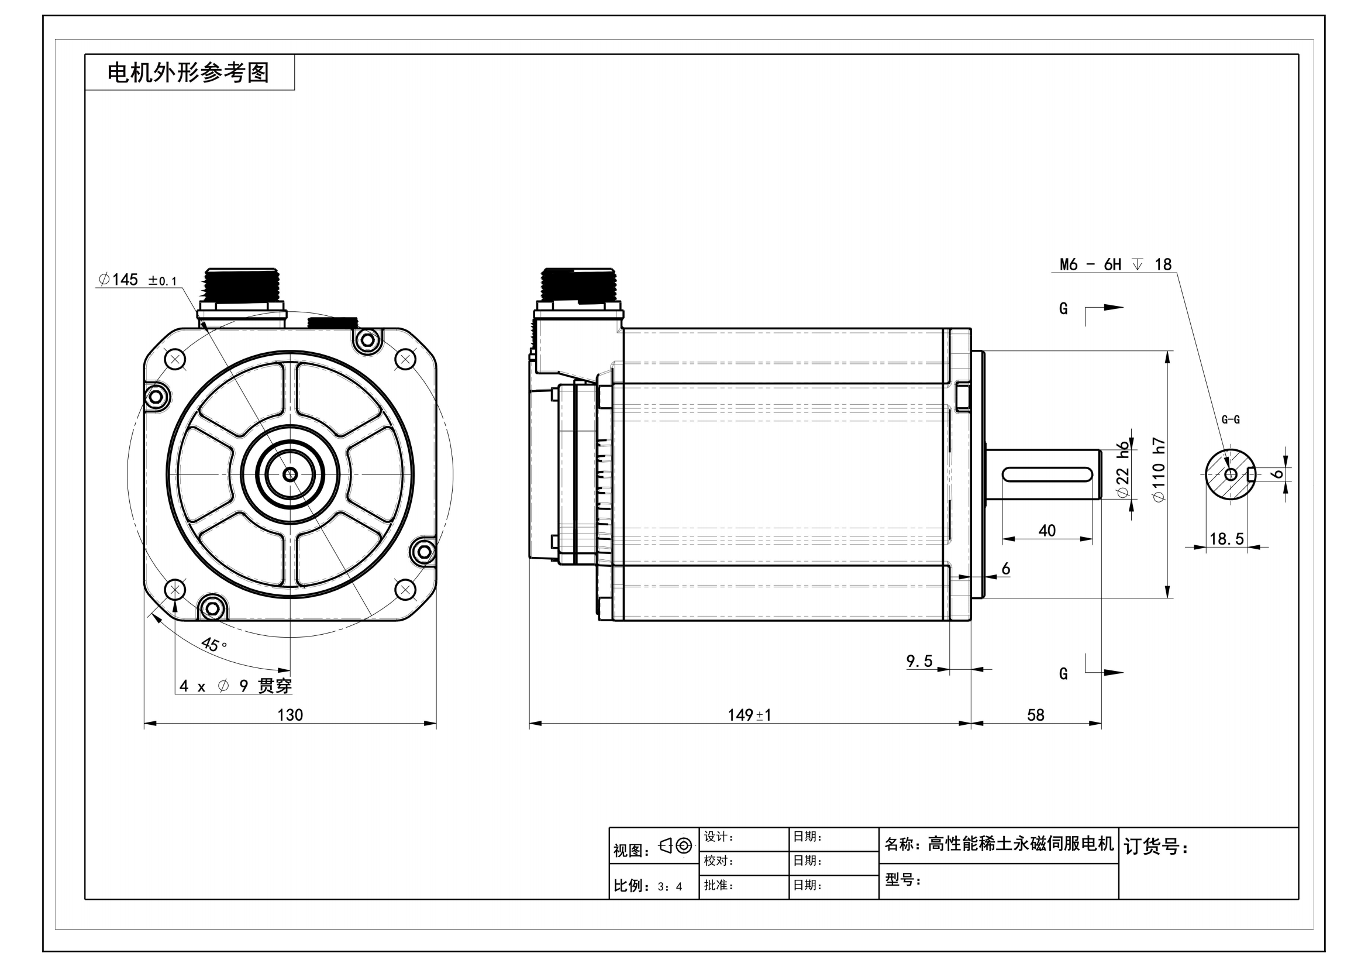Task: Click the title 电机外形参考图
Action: pyautogui.click(x=188, y=73)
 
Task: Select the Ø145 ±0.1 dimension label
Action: pyautogui.click(x=137, y=280)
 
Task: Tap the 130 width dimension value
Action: pyautogui.click(x=290, y=715)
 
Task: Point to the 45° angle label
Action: pyautogui.click(x=214, y=644)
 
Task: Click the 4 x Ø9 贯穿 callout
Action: pyautogui.click(x=235, y=686)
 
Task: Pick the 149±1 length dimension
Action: pyautogui.click(x=749, y=715)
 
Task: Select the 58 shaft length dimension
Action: pyautogui.click(x=1036, y=715)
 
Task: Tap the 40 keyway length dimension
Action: pyautogui.click(x=1047, y=530)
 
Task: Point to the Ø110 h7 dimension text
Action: pyautogui.click(x=1159, y=470)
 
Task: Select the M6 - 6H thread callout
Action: pyautogui.click(x=1115, y=264)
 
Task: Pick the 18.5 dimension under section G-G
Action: pyautogui.click(x=1226, y=539)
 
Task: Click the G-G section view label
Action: pyautogui.click(x=1231, y=419)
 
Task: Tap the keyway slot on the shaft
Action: pyautogui.click(x=1047, y=474)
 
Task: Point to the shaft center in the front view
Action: pyautogui.click(x=290, y=474)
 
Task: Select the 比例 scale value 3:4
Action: pyautogui.click(x=670, y=887)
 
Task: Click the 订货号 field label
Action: pyautogui.click(x=1156, y=846)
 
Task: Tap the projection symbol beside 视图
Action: pyautogui.click(x=676, y=845)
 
